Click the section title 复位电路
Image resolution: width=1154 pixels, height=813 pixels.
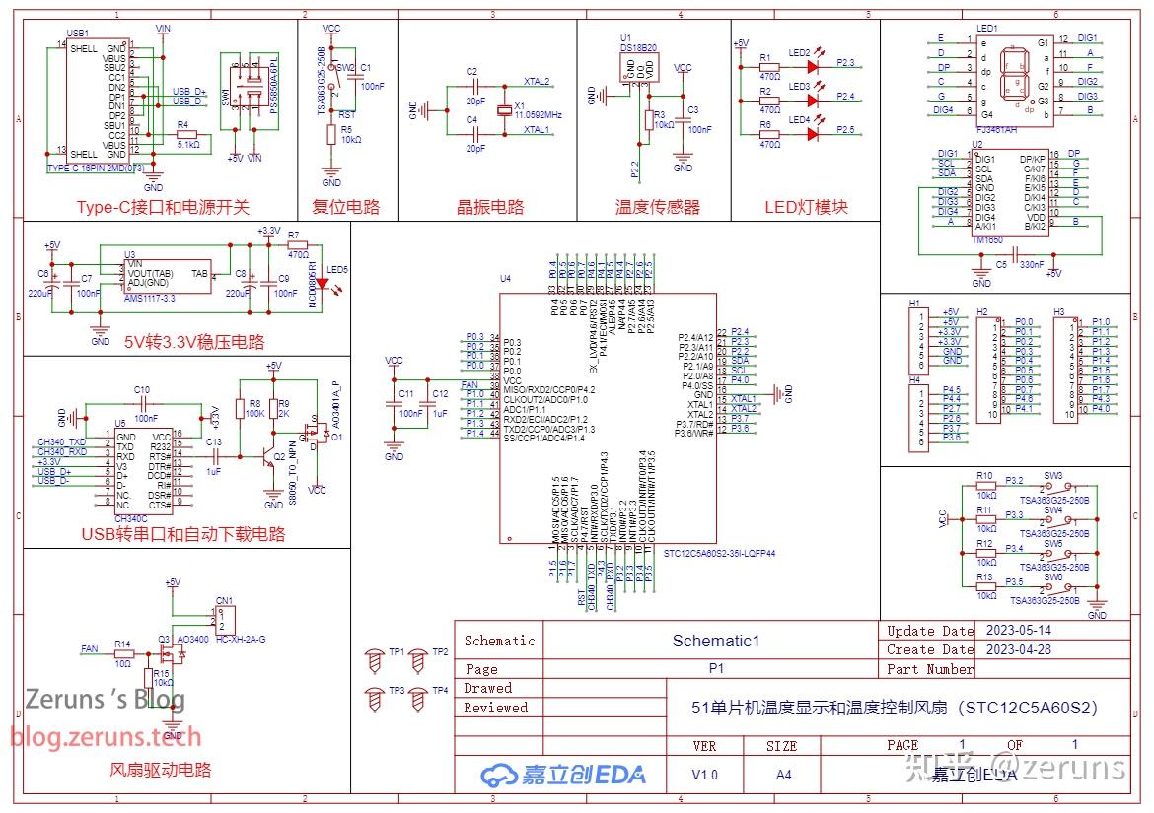(345, 208)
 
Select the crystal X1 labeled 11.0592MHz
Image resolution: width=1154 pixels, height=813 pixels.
(506, 108)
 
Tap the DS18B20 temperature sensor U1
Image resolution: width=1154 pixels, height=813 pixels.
(637, 68)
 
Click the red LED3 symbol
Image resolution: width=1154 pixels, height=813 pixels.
(813, 101)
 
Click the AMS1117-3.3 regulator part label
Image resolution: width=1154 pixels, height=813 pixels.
(150, 297)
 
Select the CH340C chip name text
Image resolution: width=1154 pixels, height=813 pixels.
(131, 517)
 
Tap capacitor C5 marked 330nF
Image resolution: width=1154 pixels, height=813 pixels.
(1013, 257)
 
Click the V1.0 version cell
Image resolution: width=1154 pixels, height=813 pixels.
(704, 775)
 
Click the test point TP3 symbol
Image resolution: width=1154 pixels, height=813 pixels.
(375, 698)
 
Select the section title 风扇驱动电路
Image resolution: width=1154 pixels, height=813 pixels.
(160, 770)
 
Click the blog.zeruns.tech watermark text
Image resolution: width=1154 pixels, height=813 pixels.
(106, 736)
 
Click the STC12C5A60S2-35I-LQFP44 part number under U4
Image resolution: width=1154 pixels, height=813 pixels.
(719, 553)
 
